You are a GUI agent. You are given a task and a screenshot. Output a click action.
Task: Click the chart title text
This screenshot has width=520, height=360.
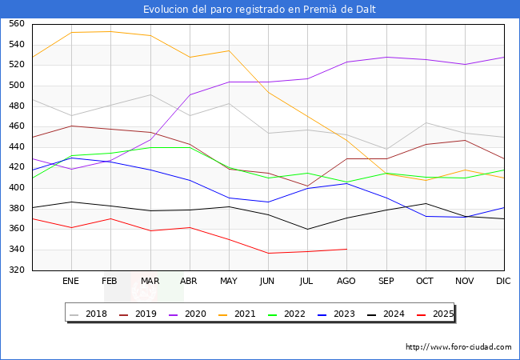pyautogui.click(x=260, y=10)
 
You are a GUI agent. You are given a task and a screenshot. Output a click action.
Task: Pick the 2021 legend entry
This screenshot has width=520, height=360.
pyautogui.click(x=238, y=314)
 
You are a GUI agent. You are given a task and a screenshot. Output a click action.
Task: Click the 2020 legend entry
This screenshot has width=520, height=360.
pyautogui.click(x=190, y=314)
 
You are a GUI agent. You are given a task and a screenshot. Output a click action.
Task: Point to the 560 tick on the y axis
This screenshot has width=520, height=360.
pyautogui.click(x=17, y=24)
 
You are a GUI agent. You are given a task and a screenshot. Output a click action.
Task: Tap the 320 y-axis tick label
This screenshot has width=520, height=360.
pyautogui.click(x=17, y=270)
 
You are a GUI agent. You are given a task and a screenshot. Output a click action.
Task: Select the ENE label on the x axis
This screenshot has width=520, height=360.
pyautogui.click(x=70, y=281)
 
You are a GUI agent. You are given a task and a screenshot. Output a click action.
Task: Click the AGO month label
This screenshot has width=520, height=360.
pyautogui.click(x=346, y=281)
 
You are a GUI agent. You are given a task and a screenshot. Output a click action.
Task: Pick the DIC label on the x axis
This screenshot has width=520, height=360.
pyautogui.click(x=503, y=281)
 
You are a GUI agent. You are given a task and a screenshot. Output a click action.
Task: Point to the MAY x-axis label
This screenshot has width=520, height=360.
pyautogui.click(x=228, y=281)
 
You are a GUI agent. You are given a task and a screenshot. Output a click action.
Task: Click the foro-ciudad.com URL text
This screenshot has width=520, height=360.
pyautogui.click(x=458, y=347)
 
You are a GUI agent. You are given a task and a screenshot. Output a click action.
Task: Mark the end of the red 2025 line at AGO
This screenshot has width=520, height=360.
pyautogui.click(x=346, y=249)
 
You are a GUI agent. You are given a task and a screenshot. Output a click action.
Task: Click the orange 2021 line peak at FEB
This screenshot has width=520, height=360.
pyautogui.click(x=110, y=31)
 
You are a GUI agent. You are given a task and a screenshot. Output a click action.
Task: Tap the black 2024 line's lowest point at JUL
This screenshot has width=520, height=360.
pyautogui.click(x=307, y=229)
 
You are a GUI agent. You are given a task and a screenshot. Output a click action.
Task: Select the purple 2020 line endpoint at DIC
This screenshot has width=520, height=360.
pyautogui.click(x=504, y=57)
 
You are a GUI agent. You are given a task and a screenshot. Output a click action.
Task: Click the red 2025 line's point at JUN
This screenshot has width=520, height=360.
pyautogui.click(x=268, y=253)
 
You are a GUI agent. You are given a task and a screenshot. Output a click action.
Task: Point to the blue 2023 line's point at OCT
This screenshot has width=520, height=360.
pyautogui.click(x=426, y=216)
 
